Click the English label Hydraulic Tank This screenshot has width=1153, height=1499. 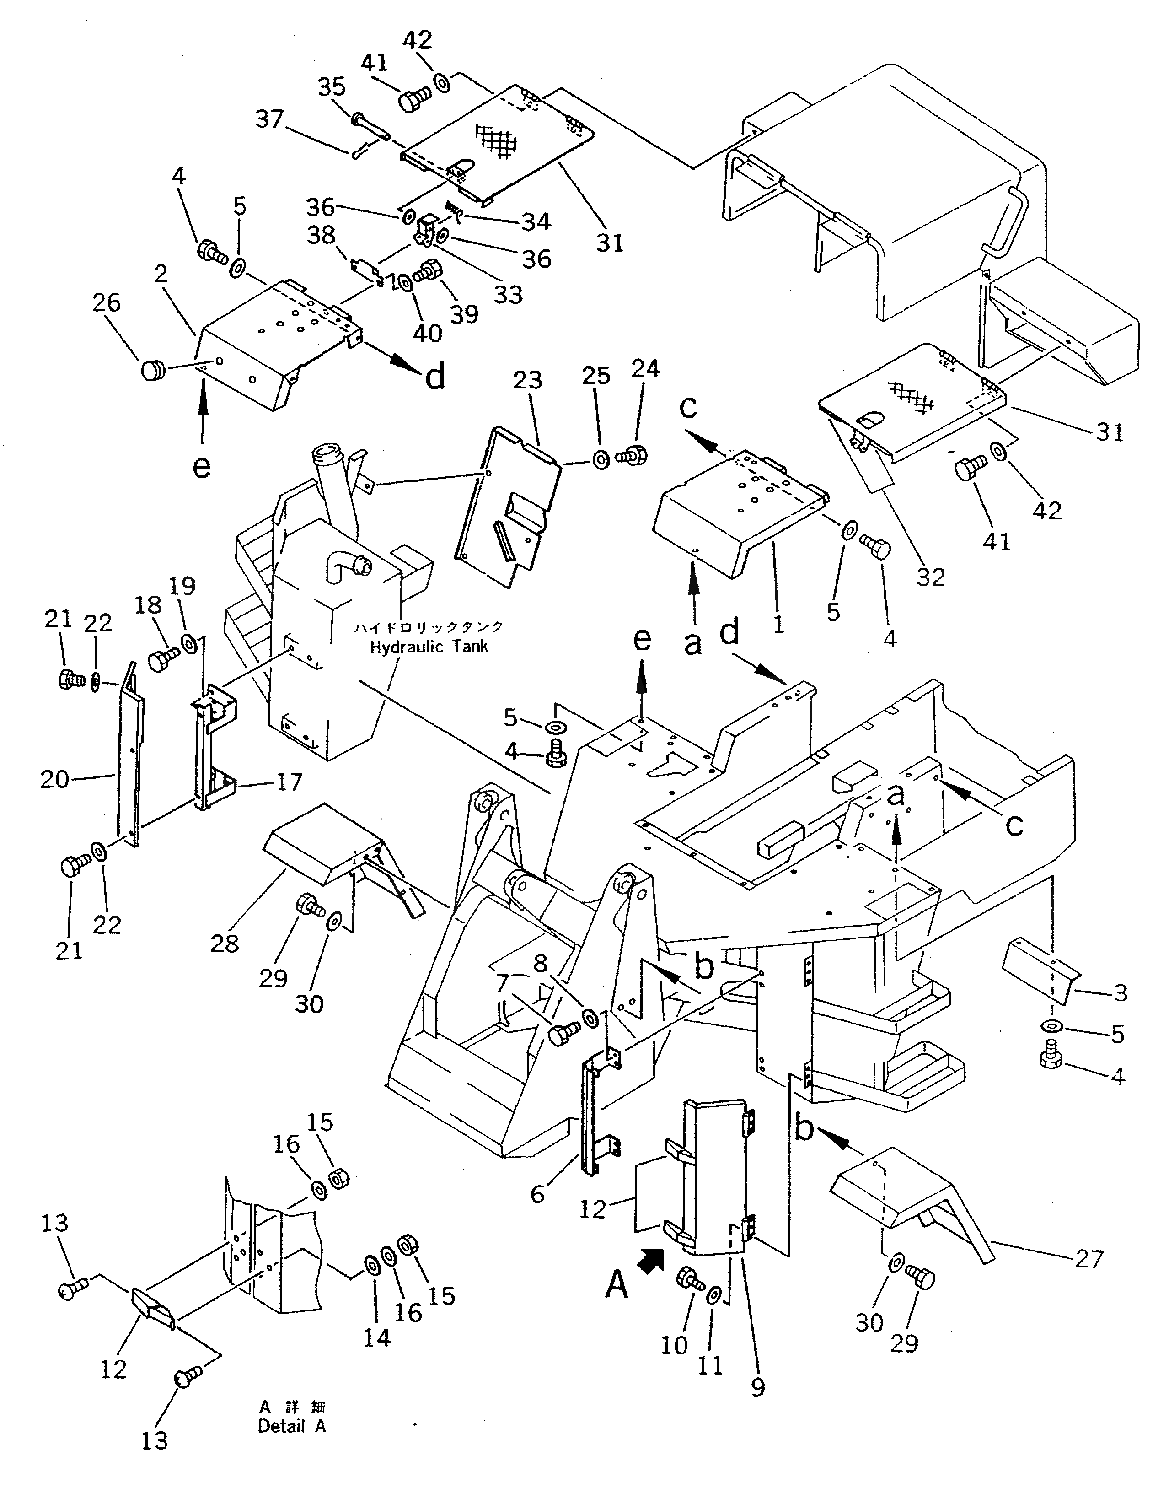pyautogui.click(x=429, y=647)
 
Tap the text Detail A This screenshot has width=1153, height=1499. pyautogui.click(x=291, y=1426)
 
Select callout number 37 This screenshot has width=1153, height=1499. pyautogui.click(x=269, y=119)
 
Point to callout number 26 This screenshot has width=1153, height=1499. pyautogui.click(x=106, y=303)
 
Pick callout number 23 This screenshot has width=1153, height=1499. pyautogui.click(x=527, y=380)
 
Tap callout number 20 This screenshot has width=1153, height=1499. pyautogui.click(x=54, y=780)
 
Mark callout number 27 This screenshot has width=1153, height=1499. pyautogui.click(x=1089, y=1259)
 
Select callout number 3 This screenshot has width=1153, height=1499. pyautogui.click(x=1120, y=993)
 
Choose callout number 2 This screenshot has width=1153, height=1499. pyautogui.click(x=161, y=275)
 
